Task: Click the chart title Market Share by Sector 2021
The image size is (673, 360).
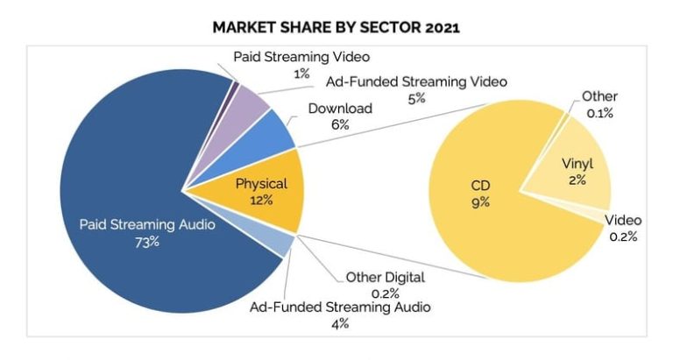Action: coord(336,27)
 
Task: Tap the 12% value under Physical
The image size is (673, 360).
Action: coord(261,200)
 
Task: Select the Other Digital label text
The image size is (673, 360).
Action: coord(385,278)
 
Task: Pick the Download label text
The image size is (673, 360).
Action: coord(341,109)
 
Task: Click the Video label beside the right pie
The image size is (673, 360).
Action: coord(623,220)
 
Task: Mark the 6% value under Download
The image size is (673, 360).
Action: coord(340,125)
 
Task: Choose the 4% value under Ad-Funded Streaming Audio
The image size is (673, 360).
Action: coord(340,323)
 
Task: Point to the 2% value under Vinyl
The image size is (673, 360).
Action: coord(577,180)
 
